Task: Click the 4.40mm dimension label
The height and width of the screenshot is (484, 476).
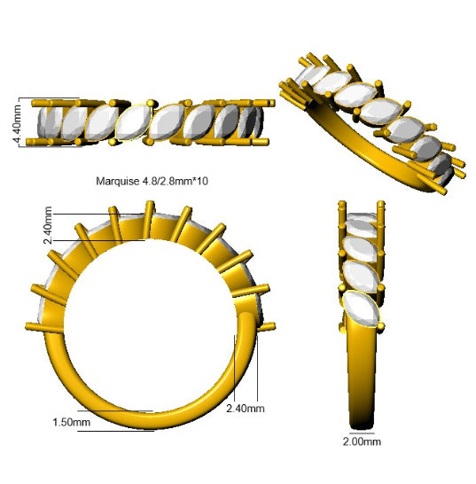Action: pos(16,124)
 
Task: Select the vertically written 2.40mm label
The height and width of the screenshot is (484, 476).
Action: pos(48,225)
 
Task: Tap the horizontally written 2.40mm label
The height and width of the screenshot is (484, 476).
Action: pos(246,409)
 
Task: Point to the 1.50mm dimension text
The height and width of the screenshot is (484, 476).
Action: pos(71,422)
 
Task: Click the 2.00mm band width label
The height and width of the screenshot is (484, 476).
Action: pos(362,441)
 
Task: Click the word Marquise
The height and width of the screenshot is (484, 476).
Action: pos(118,181)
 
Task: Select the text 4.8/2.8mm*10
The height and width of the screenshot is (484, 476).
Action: pos(175,181)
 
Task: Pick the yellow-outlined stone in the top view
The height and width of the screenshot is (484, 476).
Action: pos(134,122)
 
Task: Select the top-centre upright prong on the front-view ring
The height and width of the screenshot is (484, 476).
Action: pos(149,220)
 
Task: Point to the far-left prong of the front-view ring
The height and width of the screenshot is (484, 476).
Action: pos(43,328)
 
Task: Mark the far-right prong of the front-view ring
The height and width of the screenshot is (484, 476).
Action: pos(266,326)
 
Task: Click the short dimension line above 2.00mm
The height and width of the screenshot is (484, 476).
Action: pos(362,433)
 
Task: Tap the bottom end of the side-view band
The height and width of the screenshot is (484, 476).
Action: pos(362,427)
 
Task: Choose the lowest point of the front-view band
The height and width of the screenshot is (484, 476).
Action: pos(153,428)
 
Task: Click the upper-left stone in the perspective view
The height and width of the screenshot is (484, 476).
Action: pos(310,75)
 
